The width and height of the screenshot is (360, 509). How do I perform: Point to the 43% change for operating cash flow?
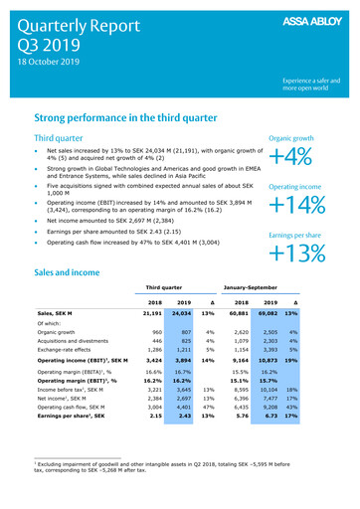[320, 407]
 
